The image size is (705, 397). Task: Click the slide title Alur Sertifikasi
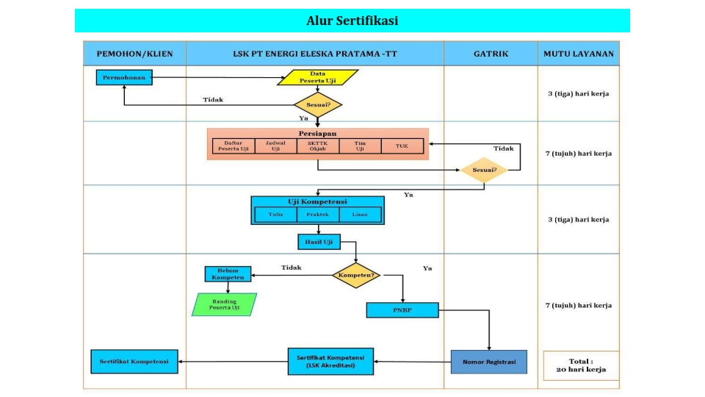point(352,21)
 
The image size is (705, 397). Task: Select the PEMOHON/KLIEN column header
point(134,54)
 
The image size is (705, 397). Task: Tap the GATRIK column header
point(491,54)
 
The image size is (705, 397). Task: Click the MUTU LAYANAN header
point(579,54)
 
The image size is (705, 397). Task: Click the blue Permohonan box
point(124,76)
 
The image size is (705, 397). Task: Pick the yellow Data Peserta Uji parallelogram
point(317,77)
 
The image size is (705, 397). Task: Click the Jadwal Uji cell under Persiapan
point(275,146)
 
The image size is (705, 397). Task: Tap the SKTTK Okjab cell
point(317,146)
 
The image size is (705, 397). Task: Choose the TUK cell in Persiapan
point(402,146)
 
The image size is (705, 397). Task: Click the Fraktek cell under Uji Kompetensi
point(317,215)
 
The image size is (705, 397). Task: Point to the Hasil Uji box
point(318,241)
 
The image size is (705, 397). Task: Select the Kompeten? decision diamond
point(356,276)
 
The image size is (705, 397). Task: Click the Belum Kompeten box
point(228,273)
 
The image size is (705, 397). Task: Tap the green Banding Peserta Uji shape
point(225,304)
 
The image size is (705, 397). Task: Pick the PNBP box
point(402,310)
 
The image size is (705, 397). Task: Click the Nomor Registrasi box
point(489,362)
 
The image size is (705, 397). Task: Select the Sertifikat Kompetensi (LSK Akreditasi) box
point(330,361)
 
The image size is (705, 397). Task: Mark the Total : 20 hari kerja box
point(581,365)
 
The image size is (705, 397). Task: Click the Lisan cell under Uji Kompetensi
point(360,215)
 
